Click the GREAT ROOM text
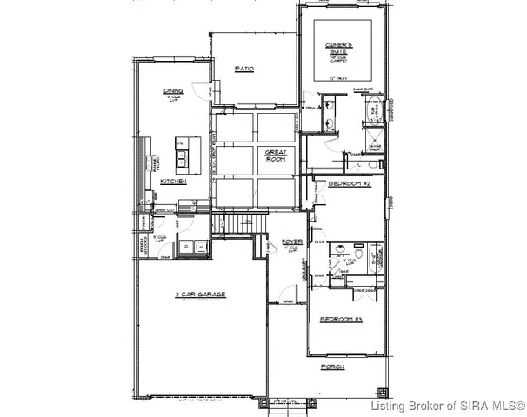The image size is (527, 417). coord(276,156)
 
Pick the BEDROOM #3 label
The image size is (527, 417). coord(340,321)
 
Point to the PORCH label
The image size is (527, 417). coord(332,367)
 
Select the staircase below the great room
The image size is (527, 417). coord(241,224)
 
